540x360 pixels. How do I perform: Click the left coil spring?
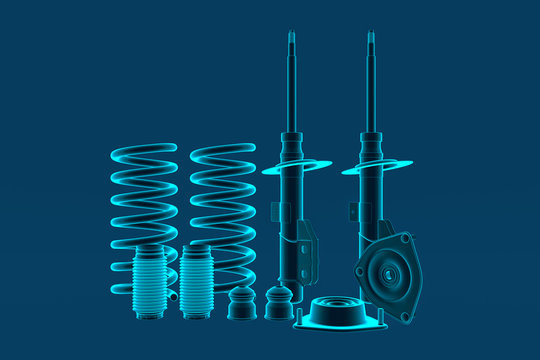pyautogui.click(x=144, y=200)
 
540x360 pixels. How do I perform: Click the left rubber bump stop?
pyautogui.click(x=241, y=304)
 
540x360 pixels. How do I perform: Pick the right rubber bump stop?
pyautogui.click(x=279, y=304)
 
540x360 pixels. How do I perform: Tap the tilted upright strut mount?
pyautogui.click(x=386, y=274)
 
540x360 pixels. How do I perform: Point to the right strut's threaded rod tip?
pyautogui.click(x=371, y=39)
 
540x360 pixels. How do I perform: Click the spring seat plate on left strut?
pyautogui.click(x=297, y=168)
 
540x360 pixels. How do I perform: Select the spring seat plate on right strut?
pyautogui.click(x=377, y=168)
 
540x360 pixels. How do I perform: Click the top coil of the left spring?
pyautogui.click(x=144, y=150)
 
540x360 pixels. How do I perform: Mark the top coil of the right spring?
pyautogui.click(x=222, y=150)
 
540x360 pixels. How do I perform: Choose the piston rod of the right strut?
pyautogui.click(x=371, y=90)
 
